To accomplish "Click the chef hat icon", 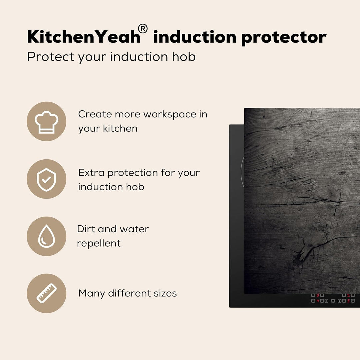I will point(46,122).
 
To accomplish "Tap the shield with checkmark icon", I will point(46,179).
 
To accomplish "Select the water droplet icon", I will point(46,237).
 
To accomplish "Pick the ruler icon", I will point(46,294).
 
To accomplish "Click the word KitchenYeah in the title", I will point(84,37).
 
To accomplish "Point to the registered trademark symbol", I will point(143,29).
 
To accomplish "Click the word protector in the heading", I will point(284,37).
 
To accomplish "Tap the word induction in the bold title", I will point(195,37).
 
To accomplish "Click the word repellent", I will point(99,243).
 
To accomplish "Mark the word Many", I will point(91,293).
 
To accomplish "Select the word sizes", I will point(164,293).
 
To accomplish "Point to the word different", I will point(127,293).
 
